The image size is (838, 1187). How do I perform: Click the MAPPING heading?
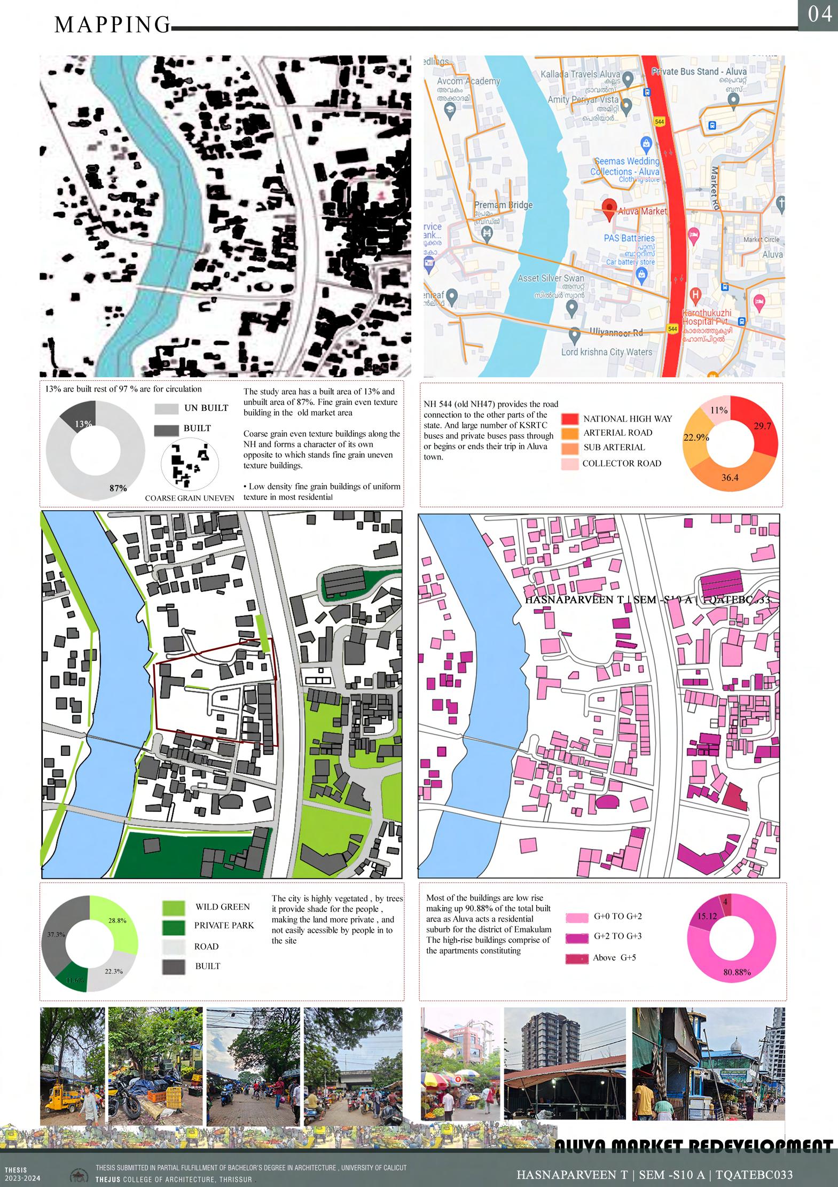112,25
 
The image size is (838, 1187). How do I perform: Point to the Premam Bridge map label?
503,205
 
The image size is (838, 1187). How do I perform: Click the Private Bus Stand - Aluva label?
699,72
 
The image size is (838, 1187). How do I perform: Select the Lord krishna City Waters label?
606,352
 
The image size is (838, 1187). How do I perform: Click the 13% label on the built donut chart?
83,424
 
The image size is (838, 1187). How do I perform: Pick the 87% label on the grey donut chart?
118,488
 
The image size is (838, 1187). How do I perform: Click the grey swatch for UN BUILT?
166,409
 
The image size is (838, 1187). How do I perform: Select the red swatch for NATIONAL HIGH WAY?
570,419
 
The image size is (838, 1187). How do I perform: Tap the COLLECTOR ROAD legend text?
622,464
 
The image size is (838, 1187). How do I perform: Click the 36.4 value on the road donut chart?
730,478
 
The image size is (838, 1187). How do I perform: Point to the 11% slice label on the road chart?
719,410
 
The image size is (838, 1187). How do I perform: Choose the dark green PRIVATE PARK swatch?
174,927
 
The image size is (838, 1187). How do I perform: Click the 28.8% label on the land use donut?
117,920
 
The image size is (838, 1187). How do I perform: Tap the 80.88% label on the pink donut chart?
737,972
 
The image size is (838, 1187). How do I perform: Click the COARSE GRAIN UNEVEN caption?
190,498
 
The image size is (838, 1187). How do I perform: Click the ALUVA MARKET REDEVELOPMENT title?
693,1146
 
